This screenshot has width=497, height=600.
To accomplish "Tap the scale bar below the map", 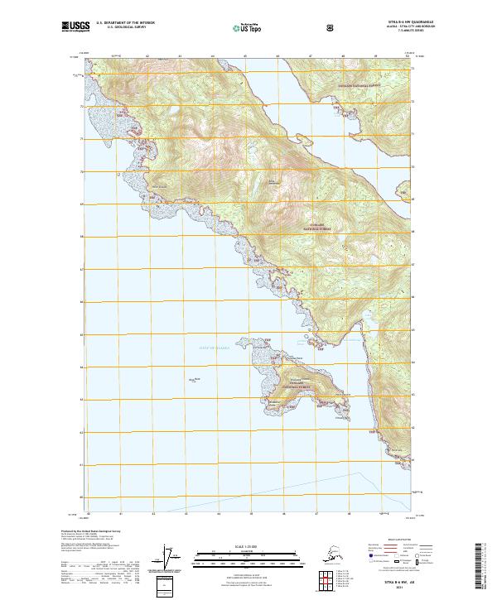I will click(x=248, y=555).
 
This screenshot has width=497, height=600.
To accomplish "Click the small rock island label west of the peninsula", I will click(x=195, y=379).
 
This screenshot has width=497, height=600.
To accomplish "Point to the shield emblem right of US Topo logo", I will click(x=286, y=27).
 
